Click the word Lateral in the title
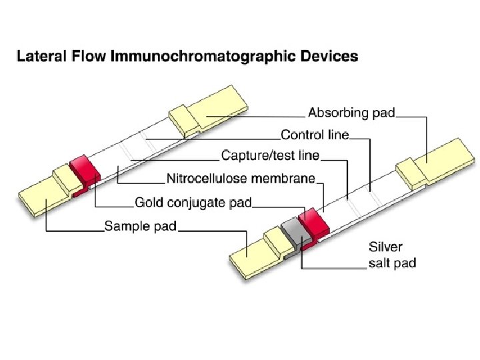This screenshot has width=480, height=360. pos(37,57)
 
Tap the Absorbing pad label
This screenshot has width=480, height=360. pos(352,112)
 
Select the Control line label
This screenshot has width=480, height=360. pos(315,135)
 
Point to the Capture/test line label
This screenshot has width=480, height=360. pos(270,156)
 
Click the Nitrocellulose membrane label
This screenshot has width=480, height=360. pos(241,179)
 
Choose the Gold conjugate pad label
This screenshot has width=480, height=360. pos(193,202)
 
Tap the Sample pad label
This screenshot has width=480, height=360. pos(140,227)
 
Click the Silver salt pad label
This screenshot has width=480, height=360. pos(392,255)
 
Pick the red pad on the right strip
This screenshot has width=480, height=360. pos(312,221)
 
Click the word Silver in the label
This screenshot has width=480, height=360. pos(385,247)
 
